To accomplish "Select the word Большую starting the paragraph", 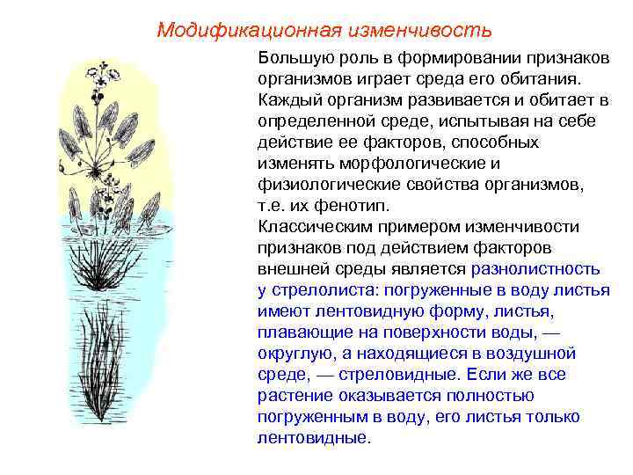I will [291, 57].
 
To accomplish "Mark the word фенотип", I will [339, 205].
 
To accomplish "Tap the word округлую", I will [295, 353].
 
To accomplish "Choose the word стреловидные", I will [391, 374].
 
